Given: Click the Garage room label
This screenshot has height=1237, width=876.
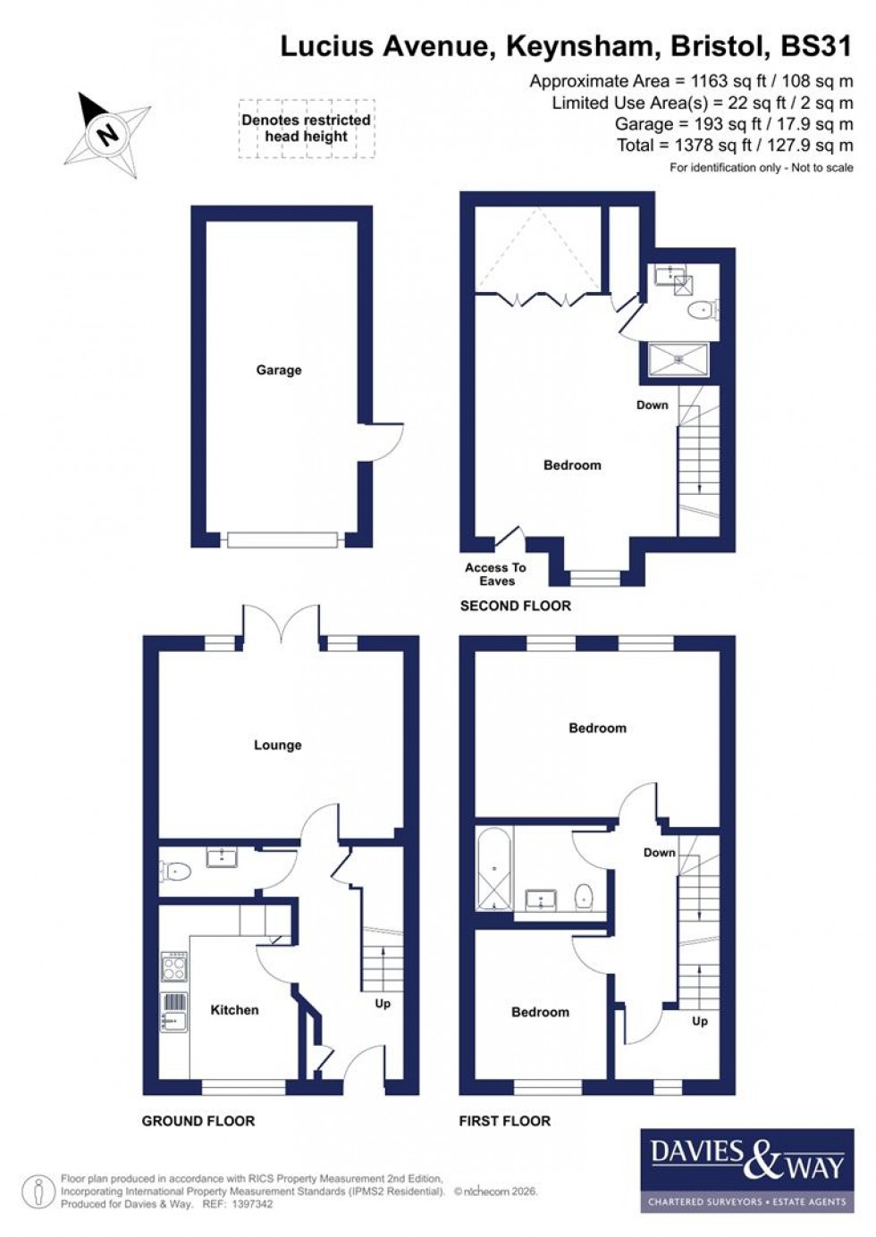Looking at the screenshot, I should [x=279, y=370].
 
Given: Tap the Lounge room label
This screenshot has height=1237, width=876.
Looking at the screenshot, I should [x=278, y=745].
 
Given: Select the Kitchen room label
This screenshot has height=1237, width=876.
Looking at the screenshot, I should [x=234, y=1009].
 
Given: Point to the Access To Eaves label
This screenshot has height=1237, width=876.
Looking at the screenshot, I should [x=496, y=574].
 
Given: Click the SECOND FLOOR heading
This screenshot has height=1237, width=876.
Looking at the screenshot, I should [x=515, y=606].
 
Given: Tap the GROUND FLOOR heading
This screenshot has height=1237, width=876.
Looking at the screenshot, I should [x=198, y=1121].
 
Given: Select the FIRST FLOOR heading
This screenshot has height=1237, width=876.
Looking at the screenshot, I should [x=504, y=1121].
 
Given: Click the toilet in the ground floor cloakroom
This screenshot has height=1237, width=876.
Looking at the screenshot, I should [x=176, y=870].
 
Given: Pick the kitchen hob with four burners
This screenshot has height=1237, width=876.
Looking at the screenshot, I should [x=174, y=967].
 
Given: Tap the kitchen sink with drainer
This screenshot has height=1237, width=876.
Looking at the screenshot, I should [x=174, y=1011].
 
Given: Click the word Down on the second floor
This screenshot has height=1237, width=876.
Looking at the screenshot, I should [x=652, y=405].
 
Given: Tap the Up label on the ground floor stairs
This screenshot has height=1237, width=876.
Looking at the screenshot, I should [x=383, y=1004].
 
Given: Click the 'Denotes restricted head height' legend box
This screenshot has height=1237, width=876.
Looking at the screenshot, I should [x=306, y=129].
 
